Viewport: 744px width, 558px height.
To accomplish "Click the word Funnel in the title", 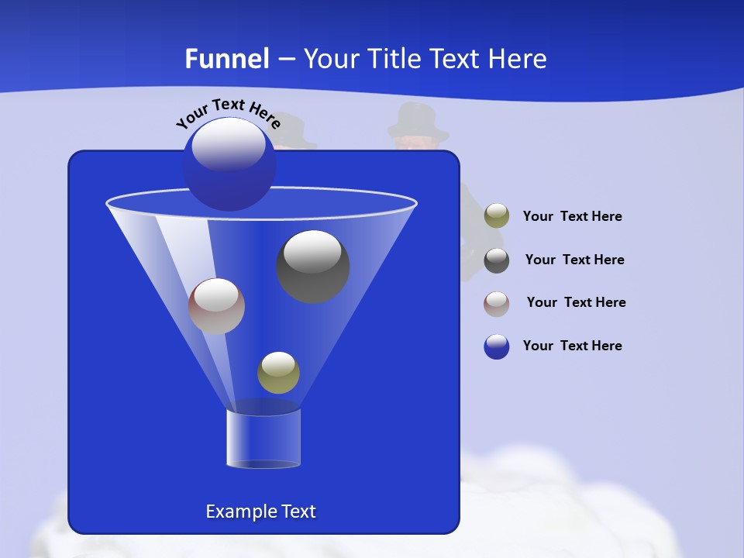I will [x=227, y=59].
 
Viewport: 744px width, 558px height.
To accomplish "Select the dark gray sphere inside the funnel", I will [x=313, y=267].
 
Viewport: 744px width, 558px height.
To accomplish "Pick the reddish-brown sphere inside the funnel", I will [x=216, y=306].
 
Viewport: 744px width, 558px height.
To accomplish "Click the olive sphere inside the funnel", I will [x=278, y=373].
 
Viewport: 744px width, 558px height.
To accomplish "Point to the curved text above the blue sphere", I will [x=228, y=112].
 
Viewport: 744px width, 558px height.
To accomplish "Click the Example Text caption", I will [x=260, y=511].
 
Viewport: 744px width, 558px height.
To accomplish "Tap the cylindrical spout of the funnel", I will [x=263, y=439].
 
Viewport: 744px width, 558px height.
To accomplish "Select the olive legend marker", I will [x=497, y=216].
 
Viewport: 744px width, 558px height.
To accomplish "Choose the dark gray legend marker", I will [x=497, y=260].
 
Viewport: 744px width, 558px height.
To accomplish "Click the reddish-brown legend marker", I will [x=497, y=303].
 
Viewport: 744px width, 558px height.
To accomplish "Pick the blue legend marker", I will [x=497, y=346].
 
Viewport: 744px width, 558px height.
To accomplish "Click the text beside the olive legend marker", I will [x=572, y=217].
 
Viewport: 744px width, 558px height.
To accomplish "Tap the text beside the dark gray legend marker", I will [x=574, y=260].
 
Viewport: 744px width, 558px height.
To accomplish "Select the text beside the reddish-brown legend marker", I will [x=576, y=302].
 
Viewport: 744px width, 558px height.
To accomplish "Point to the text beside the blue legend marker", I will [x=572, y=346].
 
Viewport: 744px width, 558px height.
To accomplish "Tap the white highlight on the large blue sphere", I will [x=228, y=144].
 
